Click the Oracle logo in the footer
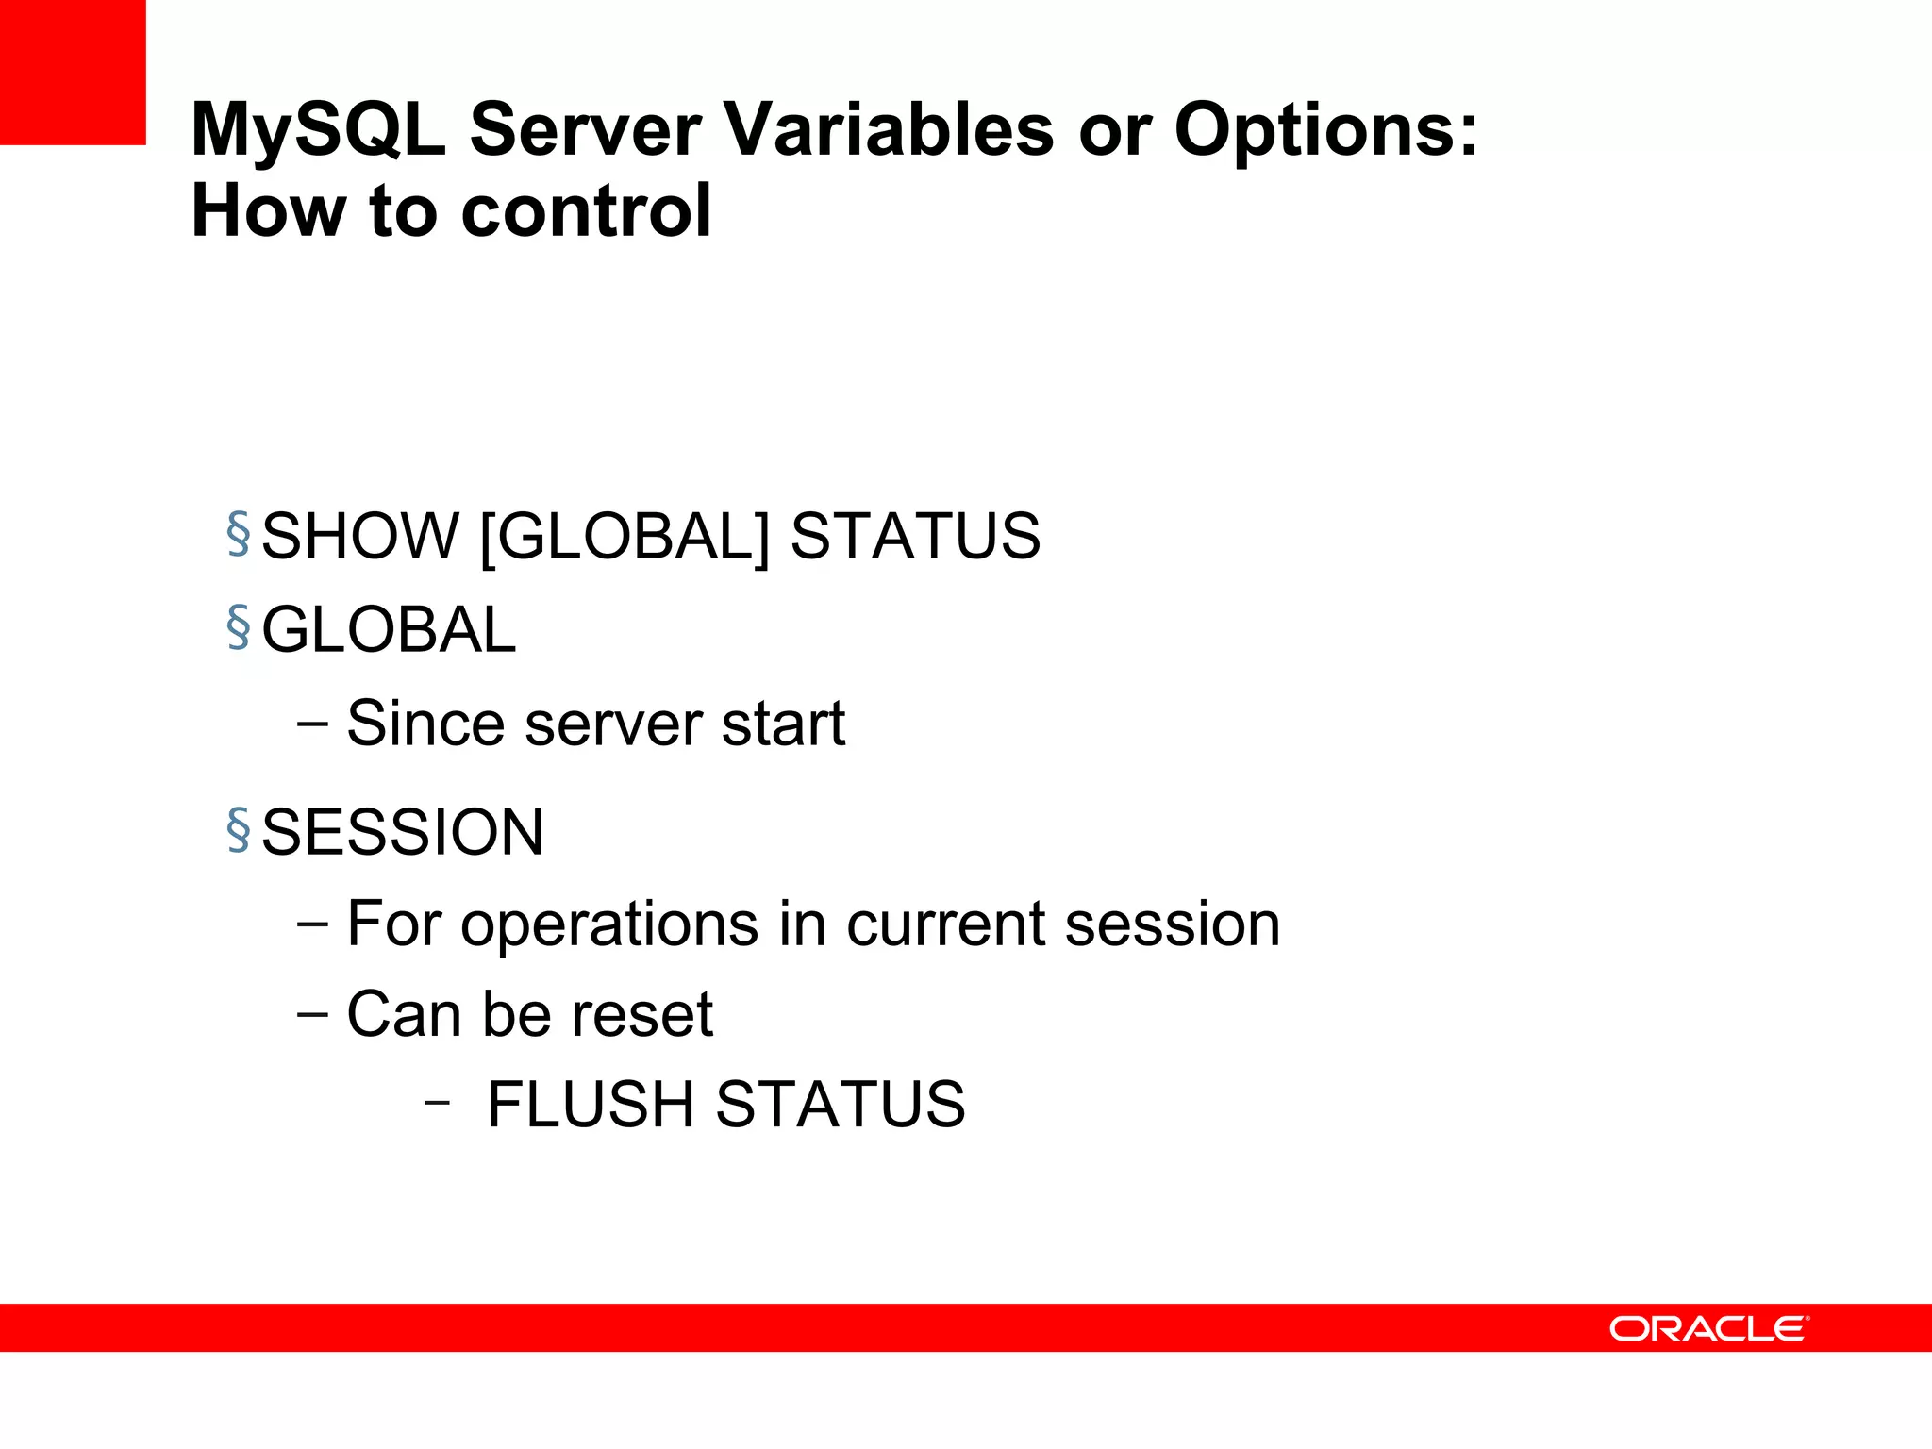click(x=1708, y=1329)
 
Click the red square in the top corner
click(x=73, y=72)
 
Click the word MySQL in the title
click(x=318, y=130)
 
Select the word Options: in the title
click(x=1325, y=130)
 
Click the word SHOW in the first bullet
click(x=359, y=536)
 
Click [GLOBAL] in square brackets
click(x=625, y=536)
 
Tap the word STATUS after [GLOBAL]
click(x=915, y=536)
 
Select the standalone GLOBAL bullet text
click(x=389, y=629)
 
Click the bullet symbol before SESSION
click(x=239, y=829)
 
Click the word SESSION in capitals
click(x=402, y=832)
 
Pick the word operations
click(x=608, y=924)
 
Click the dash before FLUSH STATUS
click(x=436, y=1102)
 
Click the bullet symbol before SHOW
click(x=239, y=533)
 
